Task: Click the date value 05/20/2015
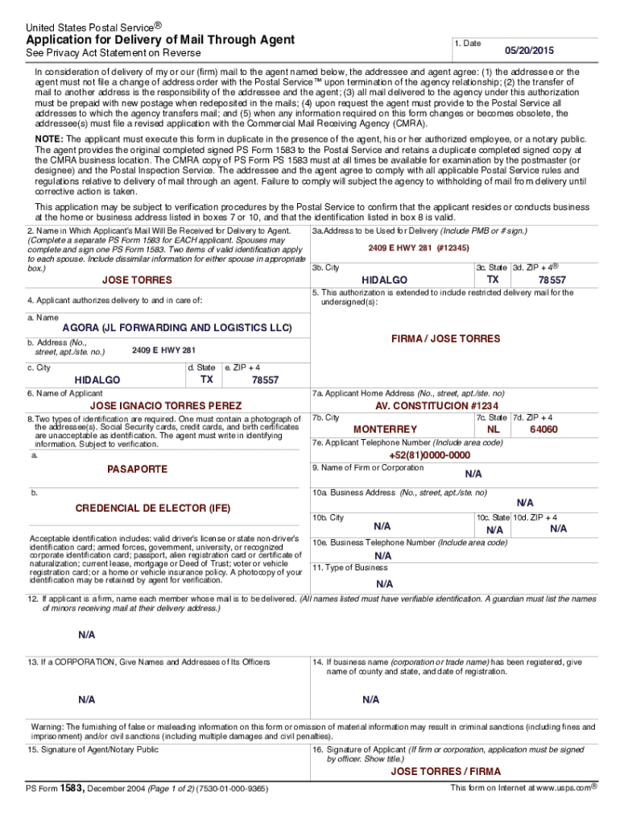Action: pos(531,48)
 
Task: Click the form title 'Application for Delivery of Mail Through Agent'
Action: pos(160,39)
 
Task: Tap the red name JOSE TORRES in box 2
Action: pos(137,280)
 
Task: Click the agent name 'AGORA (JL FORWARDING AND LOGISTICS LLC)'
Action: pos(177,328)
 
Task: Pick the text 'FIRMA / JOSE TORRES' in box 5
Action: pos(445,339)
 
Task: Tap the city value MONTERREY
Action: pos(385,429)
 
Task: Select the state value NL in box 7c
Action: pos(494,429)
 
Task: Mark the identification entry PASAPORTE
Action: pos(138,468)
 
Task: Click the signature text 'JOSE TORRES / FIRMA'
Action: pos(445,771)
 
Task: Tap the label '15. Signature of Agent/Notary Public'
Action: pos(93,750)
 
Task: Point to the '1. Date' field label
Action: pos(468,43)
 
